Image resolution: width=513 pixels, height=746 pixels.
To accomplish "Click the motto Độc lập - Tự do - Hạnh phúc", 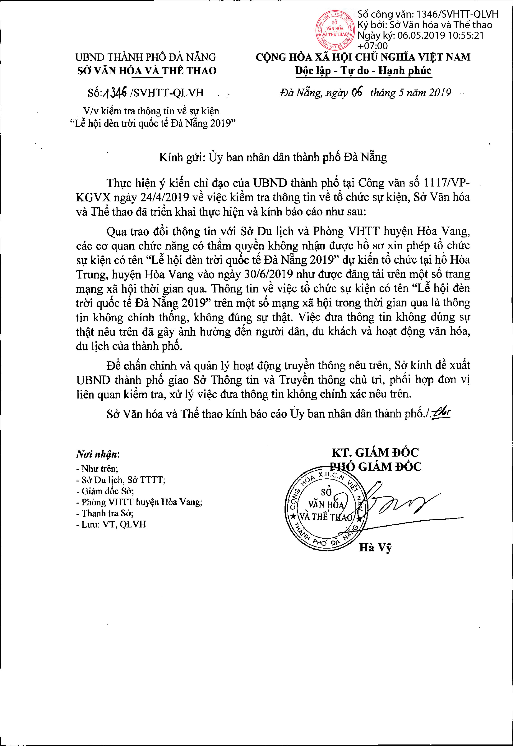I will (x=363, y=71).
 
